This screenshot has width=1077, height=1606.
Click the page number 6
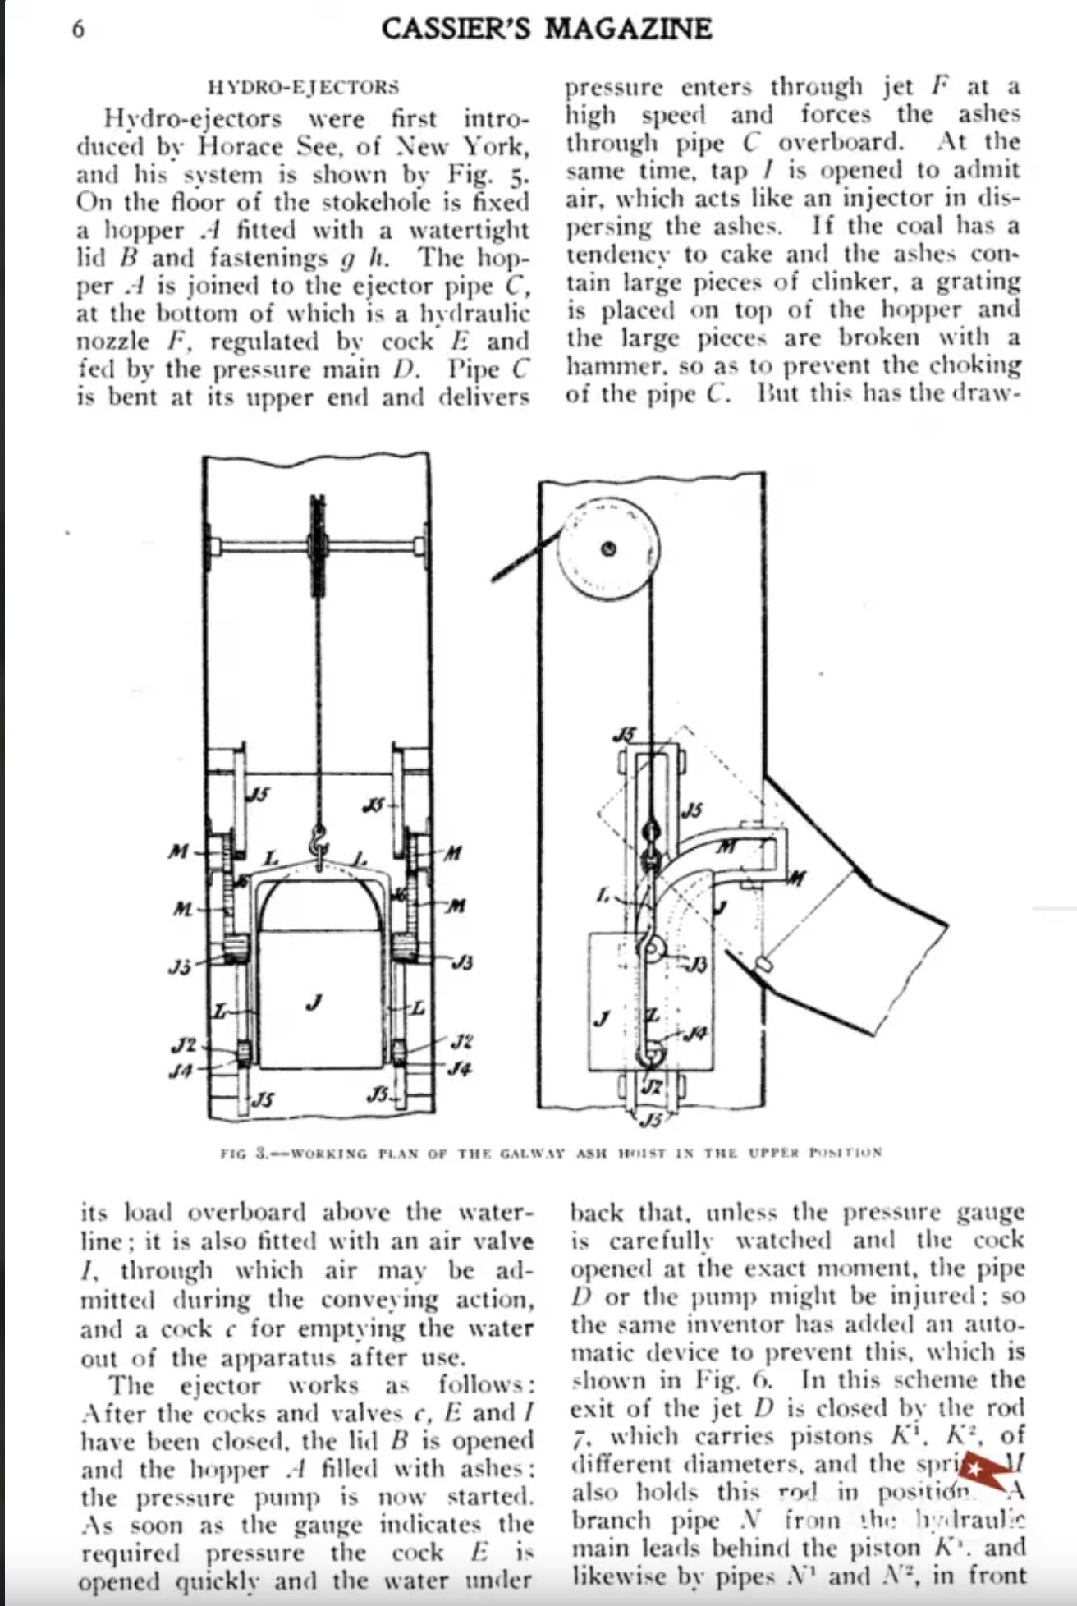point(77,30)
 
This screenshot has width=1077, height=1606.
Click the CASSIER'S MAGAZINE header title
point(546,30)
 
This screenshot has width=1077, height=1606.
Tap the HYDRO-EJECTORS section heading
point(304,87)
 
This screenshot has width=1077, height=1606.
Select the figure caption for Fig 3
point(551,1152)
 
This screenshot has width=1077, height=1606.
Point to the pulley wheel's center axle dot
point(608,549)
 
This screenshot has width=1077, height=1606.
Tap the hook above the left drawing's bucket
point(318,843)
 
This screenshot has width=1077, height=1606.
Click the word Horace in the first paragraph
point(238,147)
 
